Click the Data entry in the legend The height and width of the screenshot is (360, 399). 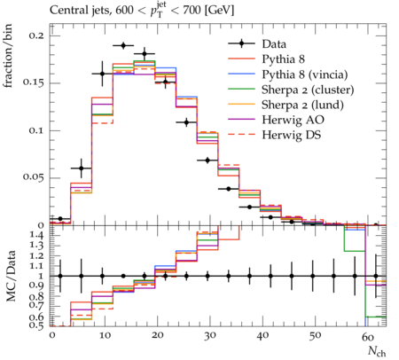(274, 44)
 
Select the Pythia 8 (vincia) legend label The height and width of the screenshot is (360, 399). (305, 74)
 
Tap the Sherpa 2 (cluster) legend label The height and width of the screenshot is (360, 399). (308, 90)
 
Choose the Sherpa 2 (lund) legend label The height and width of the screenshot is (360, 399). (302, 105)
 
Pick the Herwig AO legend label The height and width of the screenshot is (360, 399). (293, 120)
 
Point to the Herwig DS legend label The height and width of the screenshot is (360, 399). (292, 135)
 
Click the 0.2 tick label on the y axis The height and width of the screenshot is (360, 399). (36, 35)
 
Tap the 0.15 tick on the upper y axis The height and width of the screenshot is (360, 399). (33, 82)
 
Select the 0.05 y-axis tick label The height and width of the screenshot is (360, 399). (33, 177)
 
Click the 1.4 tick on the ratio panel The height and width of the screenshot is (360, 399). (36, 236)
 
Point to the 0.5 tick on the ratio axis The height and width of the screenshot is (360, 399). (36, 325)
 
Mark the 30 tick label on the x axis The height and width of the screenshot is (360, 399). (209, 336)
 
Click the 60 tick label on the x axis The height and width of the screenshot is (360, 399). (368, 336)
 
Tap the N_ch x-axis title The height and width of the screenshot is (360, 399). (377, 352)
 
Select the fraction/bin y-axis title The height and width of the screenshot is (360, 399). (8, 56)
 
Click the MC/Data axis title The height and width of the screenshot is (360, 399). (12, 276)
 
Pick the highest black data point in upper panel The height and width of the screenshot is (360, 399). (123, 46)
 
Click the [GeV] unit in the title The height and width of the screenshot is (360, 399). (219, 11)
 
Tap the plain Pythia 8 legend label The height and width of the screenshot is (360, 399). (283, 59)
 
